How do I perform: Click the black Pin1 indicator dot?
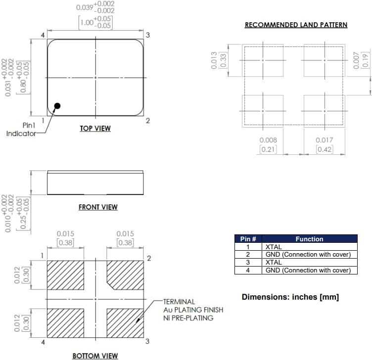click(57, 106)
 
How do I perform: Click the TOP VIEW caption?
click(95, 129)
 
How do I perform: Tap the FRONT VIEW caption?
click(98, 207)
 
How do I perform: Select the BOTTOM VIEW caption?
click(95, 356)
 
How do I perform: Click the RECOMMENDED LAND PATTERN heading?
click(296, 25)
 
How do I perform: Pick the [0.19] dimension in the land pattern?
click(365, 60)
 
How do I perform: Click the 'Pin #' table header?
click(248, 239)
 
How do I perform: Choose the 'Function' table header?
click(309, 239)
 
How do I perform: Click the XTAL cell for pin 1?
click(274, 247)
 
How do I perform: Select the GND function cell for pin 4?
click(308, 270)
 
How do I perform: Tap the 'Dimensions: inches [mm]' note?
click(290, 297)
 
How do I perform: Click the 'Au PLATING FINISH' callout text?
click(193, 310)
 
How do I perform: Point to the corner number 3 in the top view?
click(147, 35)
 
